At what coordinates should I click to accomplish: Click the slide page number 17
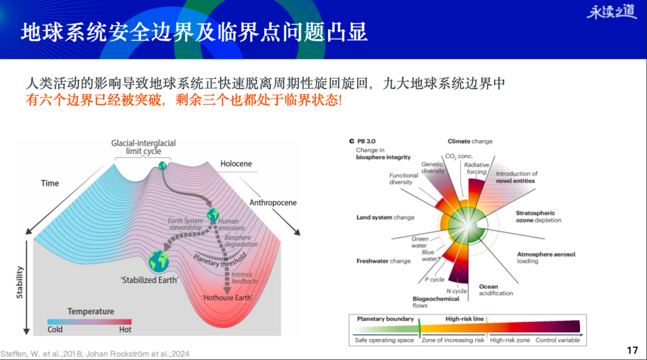tap(632, 349)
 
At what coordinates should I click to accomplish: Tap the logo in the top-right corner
tap(611, 12)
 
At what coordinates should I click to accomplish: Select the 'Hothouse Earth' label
tap(227, 297)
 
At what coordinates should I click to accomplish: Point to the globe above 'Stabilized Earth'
tap(159, 261)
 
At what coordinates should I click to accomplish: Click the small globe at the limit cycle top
tap(162, 165)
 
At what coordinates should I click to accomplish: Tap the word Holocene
tap(235, 164)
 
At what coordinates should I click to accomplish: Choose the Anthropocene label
tap(272, 203)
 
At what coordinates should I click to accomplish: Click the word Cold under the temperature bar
tap(56, 329)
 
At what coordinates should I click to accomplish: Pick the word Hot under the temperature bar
tap(125, 329)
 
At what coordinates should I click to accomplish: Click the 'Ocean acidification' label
tap(496, 290)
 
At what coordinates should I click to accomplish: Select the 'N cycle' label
tap(456, 291)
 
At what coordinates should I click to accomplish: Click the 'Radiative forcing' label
tap(476, 168)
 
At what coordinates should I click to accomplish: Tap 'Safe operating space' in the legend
tap(384, 340)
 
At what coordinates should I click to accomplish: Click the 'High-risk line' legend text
tap(464, 319)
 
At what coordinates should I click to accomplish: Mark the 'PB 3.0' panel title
tap(366, 141)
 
